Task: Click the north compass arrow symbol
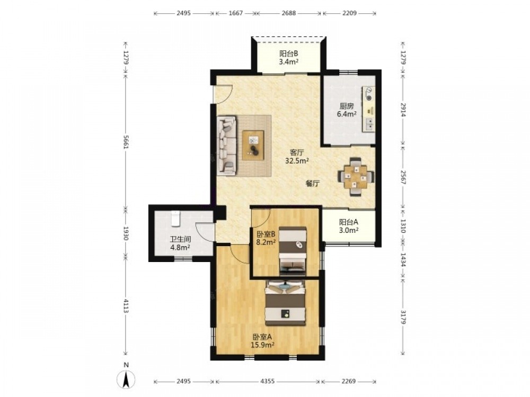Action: tap(126, 379)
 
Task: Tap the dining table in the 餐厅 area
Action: tap(356, 177)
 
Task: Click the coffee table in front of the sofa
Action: tap(253, 145)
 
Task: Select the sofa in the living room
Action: tap(227, 146)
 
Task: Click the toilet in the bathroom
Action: tap(175, 218)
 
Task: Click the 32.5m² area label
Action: tap(297, 161)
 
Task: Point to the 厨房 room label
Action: tap(347, 106)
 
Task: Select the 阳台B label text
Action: tap(288, 53)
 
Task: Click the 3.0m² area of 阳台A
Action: tap(349, 230)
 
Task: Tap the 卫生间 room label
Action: tap(180, 239)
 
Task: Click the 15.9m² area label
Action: tap(262, 345)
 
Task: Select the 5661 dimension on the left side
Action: tap(126, 142)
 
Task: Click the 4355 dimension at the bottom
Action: tap(268, 381)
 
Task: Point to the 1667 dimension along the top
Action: tap(236, 13)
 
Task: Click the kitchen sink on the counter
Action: tap(369, 124)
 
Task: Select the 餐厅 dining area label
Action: tap(313, 184)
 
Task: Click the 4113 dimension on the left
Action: tap(126, 305)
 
